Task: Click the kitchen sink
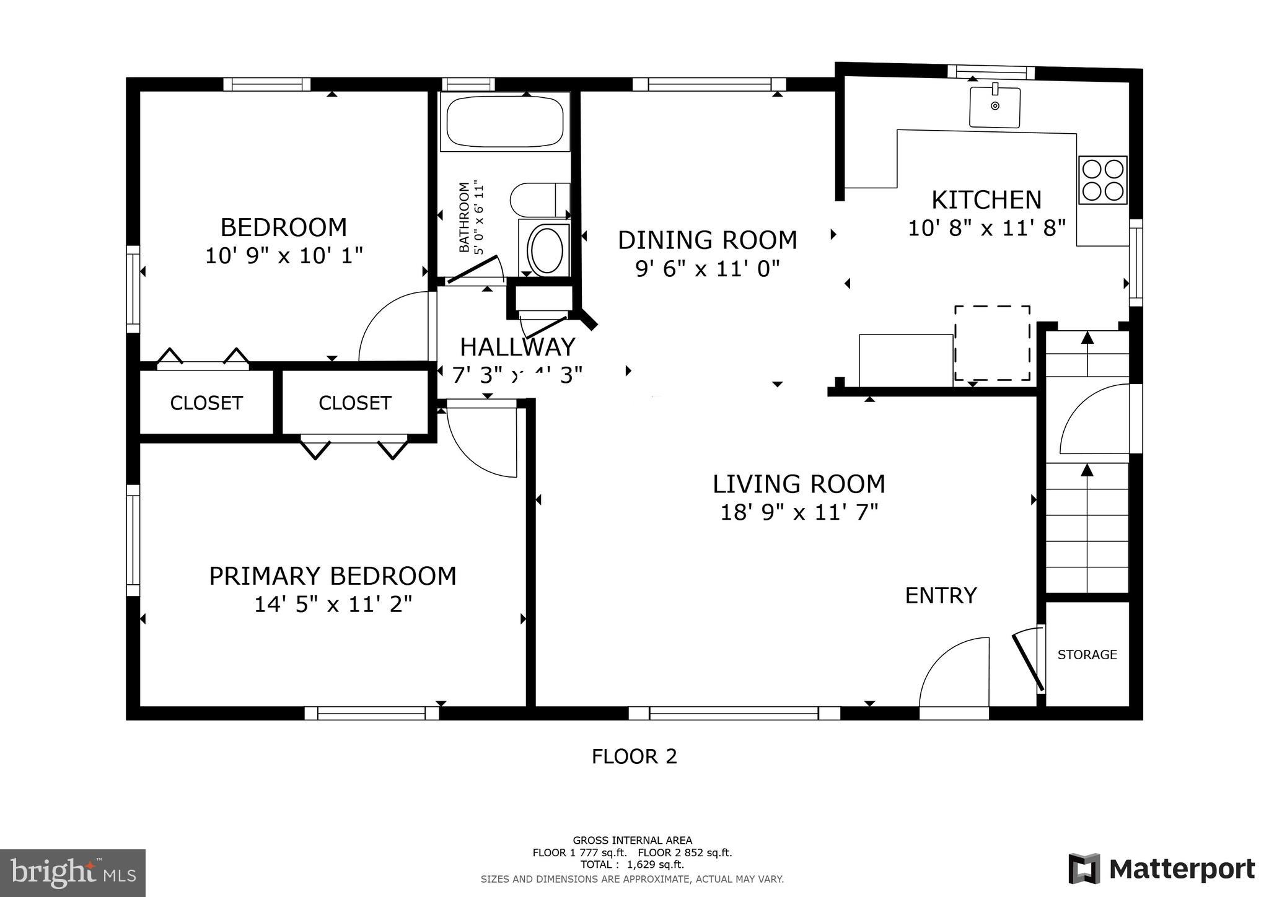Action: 995,107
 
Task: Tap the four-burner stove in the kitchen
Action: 1102,180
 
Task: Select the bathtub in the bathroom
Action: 505,121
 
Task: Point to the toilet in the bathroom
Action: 539,199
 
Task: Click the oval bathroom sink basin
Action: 546,250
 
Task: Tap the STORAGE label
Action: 1087,655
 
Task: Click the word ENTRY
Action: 941,595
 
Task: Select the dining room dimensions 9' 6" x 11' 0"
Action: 707,269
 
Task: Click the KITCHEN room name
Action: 986,200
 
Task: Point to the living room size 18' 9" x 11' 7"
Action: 799,512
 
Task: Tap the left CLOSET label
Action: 206,403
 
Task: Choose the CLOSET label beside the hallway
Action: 354,403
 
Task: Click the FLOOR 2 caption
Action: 634,756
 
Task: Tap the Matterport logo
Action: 1161,869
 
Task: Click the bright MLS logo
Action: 73,873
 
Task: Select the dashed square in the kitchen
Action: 992,343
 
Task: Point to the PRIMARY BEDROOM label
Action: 332,576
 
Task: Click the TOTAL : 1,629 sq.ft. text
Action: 632,865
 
